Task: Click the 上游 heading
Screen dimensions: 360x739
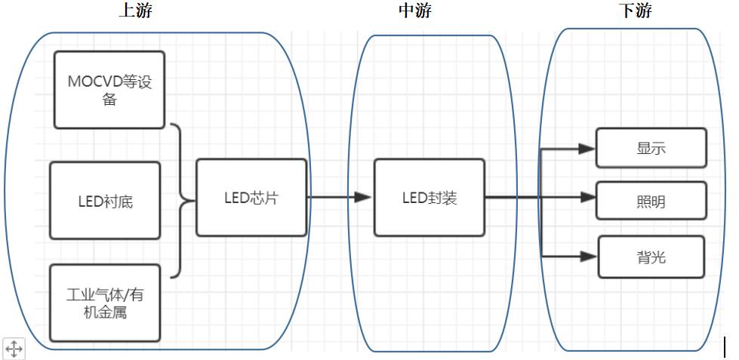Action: point(140,11)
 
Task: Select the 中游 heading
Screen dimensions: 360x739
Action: point(416,11)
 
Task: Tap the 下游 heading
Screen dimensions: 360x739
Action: point(634,11)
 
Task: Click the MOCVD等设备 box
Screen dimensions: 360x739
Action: point(109,90)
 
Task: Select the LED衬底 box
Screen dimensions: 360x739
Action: point(105,201)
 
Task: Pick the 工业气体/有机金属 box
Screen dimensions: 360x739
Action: point(105,303)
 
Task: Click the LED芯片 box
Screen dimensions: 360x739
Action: point(251,198)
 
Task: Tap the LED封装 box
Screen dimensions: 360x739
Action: point(430,198)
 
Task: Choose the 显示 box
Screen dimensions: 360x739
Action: point(651,148)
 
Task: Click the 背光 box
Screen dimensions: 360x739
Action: point(651,257)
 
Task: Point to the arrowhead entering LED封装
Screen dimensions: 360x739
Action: point(364,198)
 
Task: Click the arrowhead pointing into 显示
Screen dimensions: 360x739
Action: point(587,149)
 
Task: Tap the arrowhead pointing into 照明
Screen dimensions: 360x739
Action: point(587,198)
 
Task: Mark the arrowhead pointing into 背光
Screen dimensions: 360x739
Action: point(589,257)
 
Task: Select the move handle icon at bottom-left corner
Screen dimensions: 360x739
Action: point(14,349)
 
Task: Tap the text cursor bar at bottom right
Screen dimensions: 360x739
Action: point(725,346)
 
